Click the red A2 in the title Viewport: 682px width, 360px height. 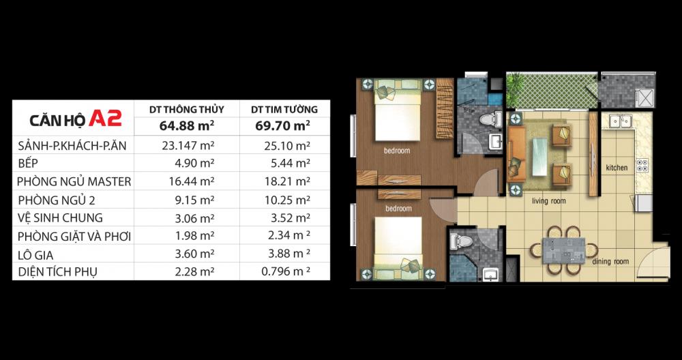(105, 118)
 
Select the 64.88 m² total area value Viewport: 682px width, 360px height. (187, 126)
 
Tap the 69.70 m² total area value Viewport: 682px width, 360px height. (284, 126)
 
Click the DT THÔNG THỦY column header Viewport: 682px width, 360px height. (187, 110)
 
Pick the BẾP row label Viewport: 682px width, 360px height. (28, 163)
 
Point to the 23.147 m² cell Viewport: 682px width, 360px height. (188, 146)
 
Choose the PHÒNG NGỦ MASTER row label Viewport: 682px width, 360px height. (74, 181)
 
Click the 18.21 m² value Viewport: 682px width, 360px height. (287, 181)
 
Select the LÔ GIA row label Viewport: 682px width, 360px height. (35, 255)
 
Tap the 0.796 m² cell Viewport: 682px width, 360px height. (286, 272)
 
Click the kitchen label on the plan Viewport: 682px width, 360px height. (617, 168)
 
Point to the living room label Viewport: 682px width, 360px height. (549, 201)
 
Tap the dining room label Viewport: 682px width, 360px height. (610, 262)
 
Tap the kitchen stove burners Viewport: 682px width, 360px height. (642, 164)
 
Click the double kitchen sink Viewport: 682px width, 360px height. (620, 121)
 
